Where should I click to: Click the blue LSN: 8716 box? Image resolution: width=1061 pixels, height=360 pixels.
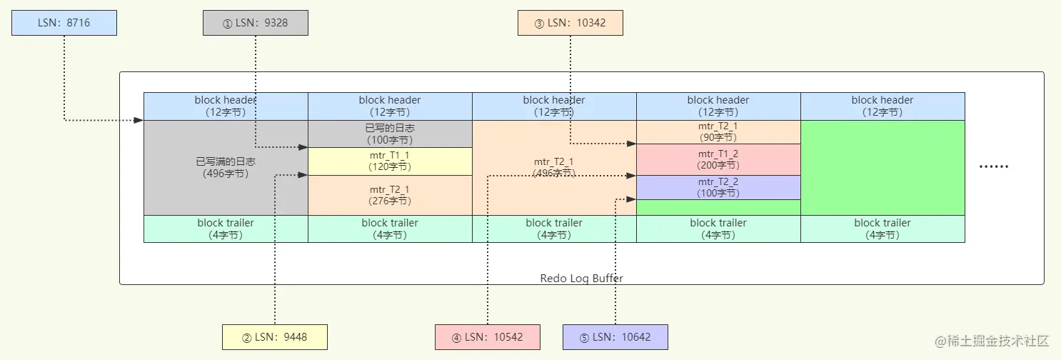(x=64, y=23)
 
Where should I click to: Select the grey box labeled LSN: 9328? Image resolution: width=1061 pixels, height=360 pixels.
(x=256, y=23)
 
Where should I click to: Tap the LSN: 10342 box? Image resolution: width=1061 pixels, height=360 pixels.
(x=570, y=23)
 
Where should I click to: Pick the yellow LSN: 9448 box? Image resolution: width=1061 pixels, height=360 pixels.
(x=275, y=337)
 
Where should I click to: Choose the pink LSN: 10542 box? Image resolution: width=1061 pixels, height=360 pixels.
(x=488, y=337)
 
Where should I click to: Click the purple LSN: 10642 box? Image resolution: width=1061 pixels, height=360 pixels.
(x=615, y=337)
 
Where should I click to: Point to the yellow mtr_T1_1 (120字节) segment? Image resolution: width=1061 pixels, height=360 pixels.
(x=390, y=161)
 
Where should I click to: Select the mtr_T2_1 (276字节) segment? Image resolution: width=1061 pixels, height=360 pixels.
(x=390, y=195)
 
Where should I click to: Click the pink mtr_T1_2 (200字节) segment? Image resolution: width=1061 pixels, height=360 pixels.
(x=718, y=159)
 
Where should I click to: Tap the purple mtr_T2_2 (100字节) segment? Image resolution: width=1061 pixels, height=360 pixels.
(x=718, y=188)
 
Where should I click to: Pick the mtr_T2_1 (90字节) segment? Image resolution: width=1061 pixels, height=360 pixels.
(x=718, y=132)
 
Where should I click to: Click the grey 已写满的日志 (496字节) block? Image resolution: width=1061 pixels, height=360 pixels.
(x=226, y=168)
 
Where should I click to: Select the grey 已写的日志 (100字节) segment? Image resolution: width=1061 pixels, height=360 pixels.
(x=390, y=134)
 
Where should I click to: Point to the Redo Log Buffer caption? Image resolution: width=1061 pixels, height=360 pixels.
(x=582, y=278)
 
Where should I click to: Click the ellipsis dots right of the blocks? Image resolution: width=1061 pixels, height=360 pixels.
(x=994, y=166)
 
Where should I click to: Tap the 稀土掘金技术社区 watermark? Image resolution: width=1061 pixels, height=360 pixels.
(x=992, y=341)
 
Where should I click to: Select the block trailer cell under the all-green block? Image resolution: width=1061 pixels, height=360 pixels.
(x=883, y=229)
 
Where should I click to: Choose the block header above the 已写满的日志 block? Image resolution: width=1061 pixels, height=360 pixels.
(x=226, y=106)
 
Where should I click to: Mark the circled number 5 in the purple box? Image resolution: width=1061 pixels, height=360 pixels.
(x=584, y=338)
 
